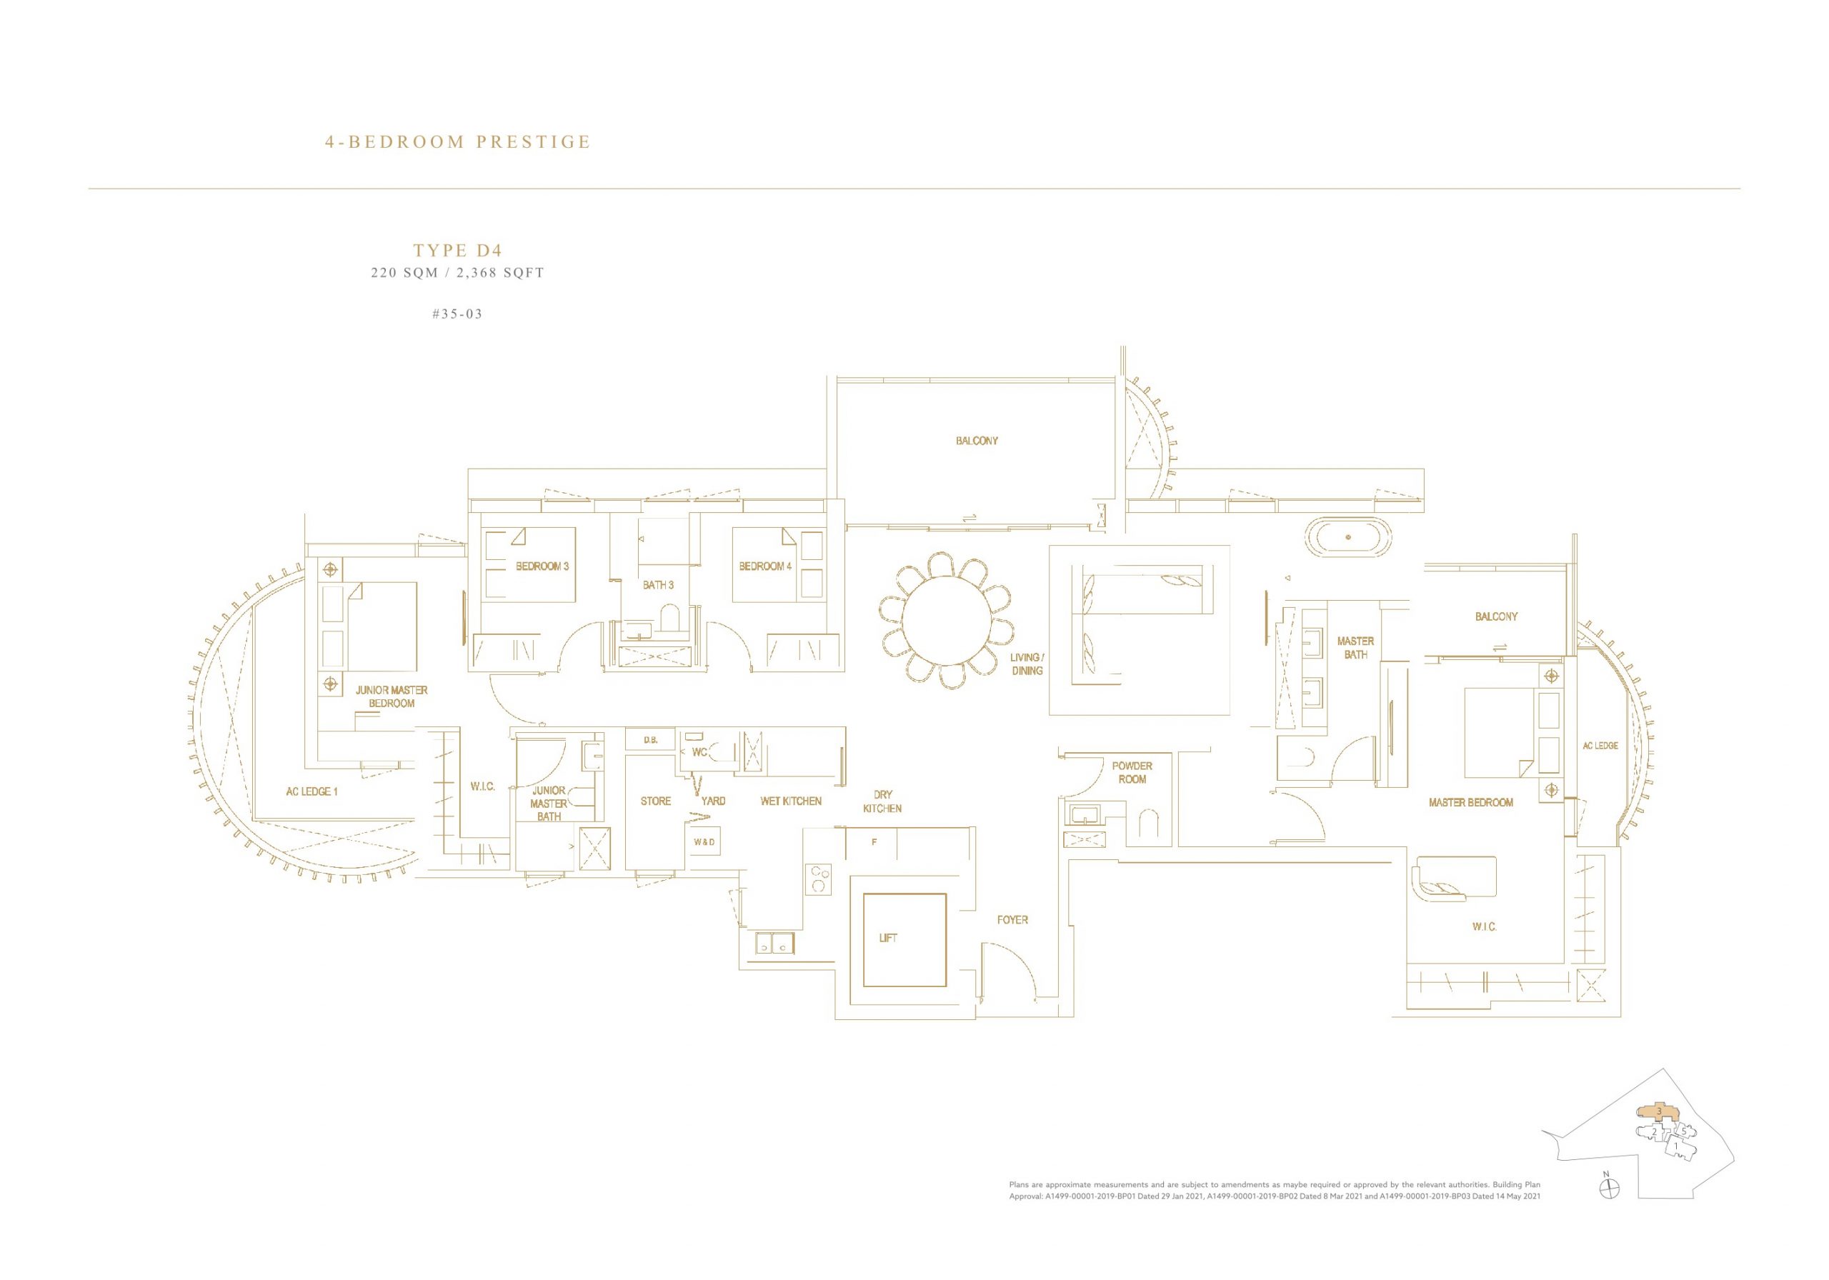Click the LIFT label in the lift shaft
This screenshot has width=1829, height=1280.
(x=887, y=939)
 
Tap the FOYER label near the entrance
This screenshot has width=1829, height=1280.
(x=1012, y=920)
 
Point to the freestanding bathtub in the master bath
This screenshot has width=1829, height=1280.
(x=1348, y=538)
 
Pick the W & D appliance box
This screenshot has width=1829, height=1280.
(x=704, y=841)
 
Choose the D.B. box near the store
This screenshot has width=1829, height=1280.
(x=651, y=740)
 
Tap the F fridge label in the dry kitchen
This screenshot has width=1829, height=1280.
(x=874, y=842)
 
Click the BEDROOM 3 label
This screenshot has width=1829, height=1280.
(x=542, y=566)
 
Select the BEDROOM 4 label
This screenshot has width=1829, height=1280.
(x=765, y=566)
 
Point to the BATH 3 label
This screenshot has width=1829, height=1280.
(x=658, y=584)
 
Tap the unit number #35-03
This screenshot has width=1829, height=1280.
(x=457, y=314)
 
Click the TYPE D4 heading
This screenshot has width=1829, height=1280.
(x=457, y=250)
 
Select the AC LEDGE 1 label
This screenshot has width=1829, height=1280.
(x=312, y=791)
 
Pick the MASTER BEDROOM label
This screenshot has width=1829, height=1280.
(x=1470, y=802)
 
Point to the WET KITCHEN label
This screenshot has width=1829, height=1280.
(x=790, y=801)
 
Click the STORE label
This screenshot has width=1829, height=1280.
(x=656, y=801)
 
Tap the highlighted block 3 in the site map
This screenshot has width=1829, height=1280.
(x=1658, y=1134)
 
